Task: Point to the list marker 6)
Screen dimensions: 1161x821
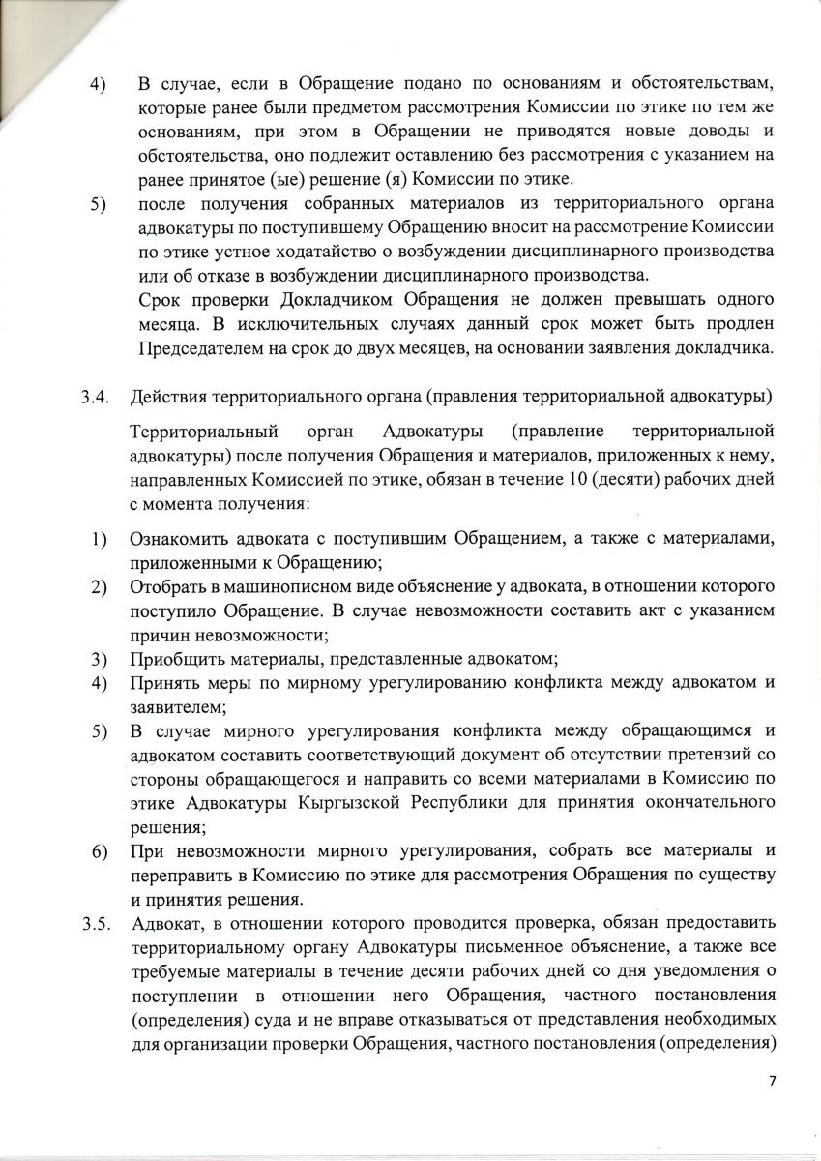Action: (x=99, y=851)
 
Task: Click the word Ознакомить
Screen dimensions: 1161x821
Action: (x=184, y=537)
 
